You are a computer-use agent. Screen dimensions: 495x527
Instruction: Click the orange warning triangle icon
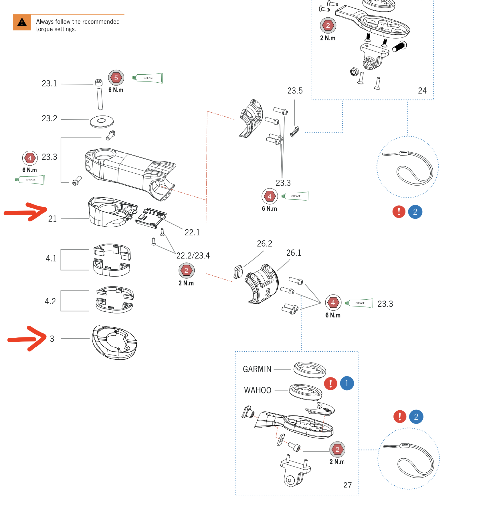pos(22,22)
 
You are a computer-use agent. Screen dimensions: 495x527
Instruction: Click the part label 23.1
pos(49,84)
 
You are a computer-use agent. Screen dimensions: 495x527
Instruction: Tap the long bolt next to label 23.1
pos(99,95)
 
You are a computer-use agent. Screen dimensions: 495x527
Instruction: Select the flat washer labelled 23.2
pos(102,121)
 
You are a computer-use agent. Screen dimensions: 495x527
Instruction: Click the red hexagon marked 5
pos(116,78)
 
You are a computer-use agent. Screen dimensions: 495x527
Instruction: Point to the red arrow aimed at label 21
pos(26,212)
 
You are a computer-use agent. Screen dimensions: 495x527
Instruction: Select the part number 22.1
pos(192,233)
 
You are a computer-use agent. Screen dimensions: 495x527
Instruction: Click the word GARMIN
pos(257,369)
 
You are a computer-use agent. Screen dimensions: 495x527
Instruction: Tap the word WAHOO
pos(258,390)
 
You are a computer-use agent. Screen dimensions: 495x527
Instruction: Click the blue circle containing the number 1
pos(347,383)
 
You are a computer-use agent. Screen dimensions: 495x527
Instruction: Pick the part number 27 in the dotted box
pos(347,485)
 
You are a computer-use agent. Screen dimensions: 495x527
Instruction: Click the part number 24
pos(422,91)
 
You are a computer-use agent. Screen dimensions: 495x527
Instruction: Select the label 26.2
pos(264,244)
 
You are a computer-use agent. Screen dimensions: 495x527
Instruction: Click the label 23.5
pos(295,91)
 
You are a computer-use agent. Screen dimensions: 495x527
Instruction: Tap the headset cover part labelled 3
pos(114,343)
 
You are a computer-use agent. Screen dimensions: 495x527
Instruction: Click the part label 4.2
pos(50,301)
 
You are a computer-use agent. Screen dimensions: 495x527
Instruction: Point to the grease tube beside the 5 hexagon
pos(148,78)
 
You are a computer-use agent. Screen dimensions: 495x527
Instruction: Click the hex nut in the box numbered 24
pos(354,71)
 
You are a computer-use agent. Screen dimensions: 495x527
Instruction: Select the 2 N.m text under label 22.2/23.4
pos(186,283)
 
